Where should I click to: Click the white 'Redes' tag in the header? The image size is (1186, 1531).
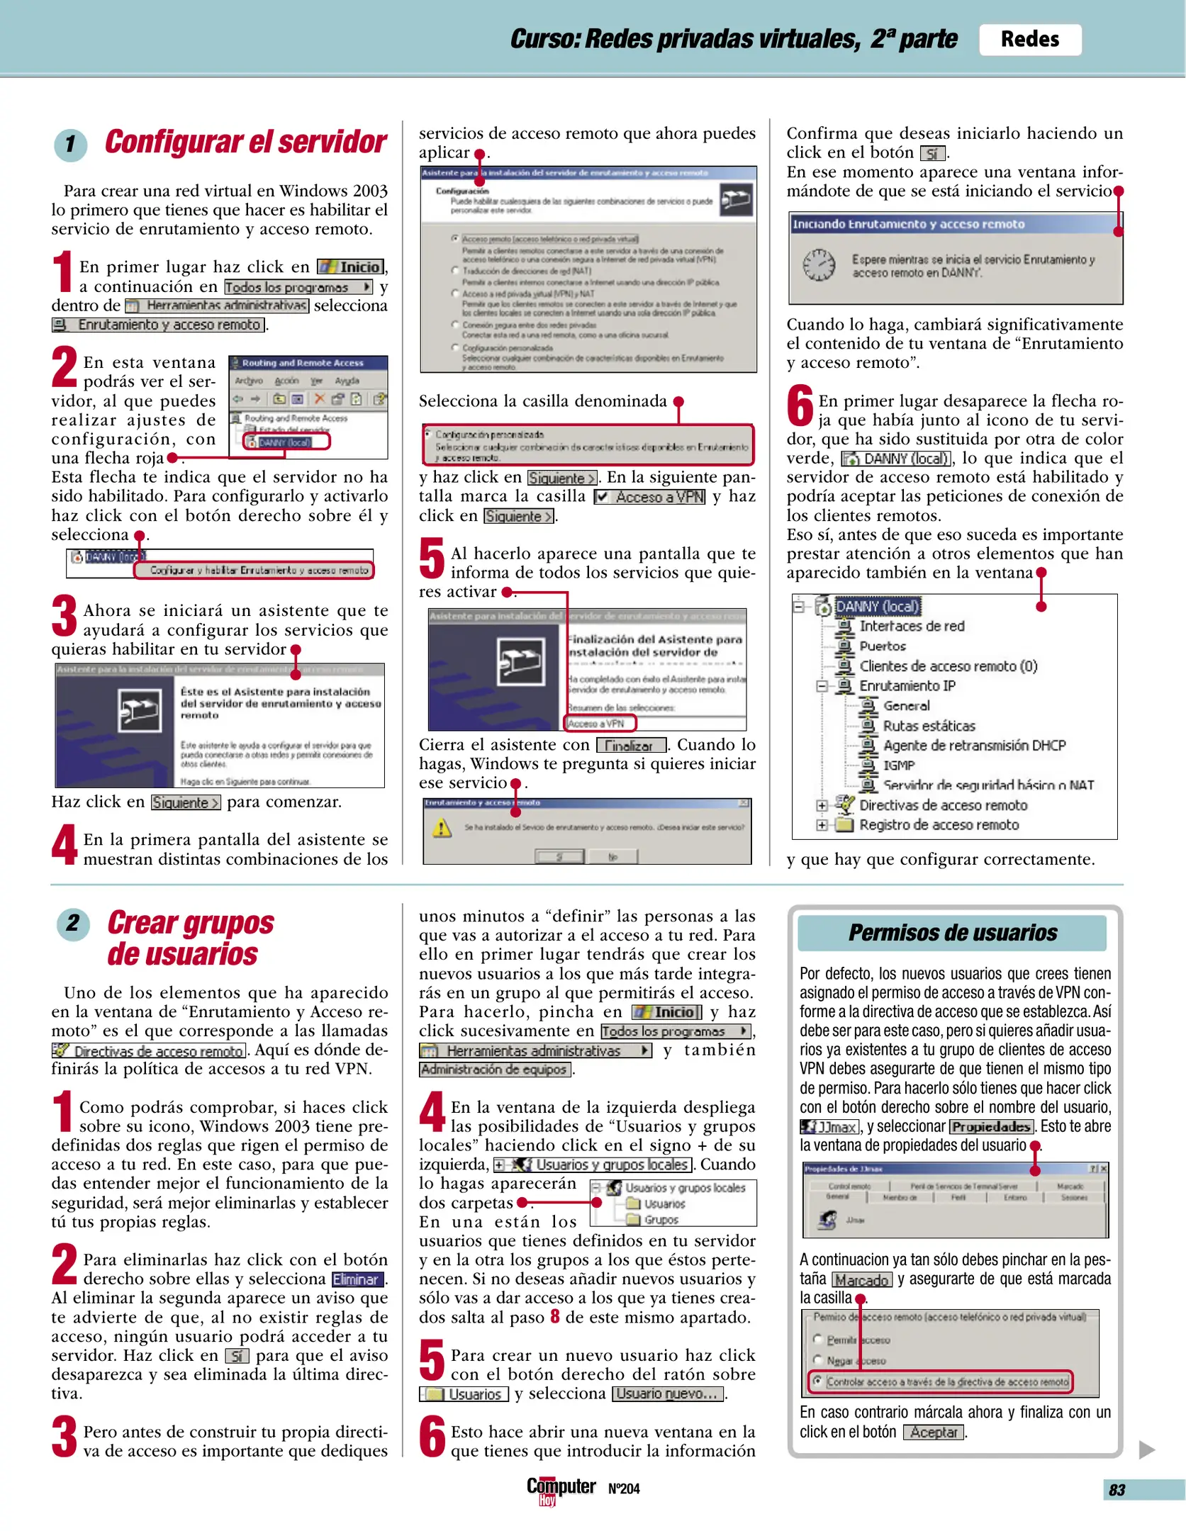pos(1029,40)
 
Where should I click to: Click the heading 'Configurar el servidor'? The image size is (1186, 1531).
pos(245,142)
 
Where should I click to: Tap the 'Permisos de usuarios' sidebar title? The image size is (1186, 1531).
pos(952,933)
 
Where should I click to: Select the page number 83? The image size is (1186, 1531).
pos(1117,1489)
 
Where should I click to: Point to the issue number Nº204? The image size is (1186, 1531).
pos(624,1488)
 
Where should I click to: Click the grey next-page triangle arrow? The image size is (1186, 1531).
pos(1146,1449)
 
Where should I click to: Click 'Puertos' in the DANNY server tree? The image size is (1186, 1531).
pos(883,646)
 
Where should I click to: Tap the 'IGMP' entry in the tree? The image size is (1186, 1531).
pos(899,765)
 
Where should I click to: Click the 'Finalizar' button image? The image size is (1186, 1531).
pos(631,746)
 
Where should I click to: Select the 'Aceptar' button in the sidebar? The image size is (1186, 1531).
pos(934,1432)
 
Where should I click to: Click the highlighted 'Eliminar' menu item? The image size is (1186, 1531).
pos(358,1279)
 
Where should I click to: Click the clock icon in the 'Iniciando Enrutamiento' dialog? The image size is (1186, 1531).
pos(818,265)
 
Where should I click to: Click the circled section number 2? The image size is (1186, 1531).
pos(73,924)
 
